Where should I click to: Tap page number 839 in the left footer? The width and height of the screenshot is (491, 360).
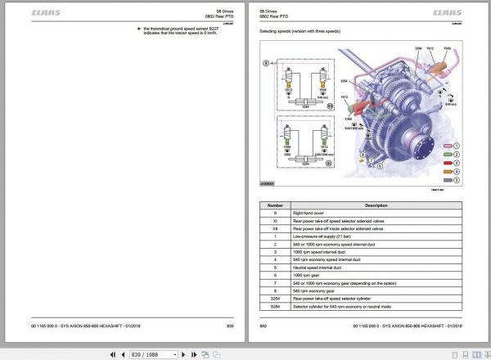coord(231,326)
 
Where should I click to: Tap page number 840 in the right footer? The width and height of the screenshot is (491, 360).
coord(264,326)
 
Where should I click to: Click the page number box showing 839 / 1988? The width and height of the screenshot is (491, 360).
coord(151,354)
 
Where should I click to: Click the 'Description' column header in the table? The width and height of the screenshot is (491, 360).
coord(376,205)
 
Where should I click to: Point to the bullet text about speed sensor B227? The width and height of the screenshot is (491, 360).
coord(169,32)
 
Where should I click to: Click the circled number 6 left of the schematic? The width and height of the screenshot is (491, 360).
coord(264,63)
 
